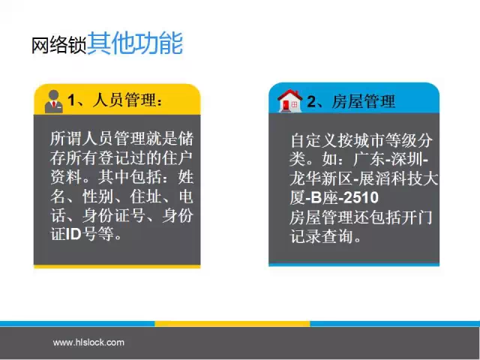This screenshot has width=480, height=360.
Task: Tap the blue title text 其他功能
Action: click(135, 43)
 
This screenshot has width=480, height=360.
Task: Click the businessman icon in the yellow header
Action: click(54, 102)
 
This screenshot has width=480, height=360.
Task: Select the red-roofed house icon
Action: click(289, 100)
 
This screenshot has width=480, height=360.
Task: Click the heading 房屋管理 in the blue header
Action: click(364, 101)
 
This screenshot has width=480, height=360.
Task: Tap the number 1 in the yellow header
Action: click(71, 100)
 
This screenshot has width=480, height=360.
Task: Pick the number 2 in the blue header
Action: click(312, 101)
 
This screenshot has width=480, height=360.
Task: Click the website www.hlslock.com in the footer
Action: click(88, 342)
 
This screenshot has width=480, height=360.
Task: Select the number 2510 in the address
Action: click(361, 197)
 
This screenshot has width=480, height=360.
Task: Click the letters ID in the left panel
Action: click(73, 234)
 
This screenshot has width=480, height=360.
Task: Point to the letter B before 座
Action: click(316, 197)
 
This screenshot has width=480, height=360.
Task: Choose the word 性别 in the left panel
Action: click(97, 196)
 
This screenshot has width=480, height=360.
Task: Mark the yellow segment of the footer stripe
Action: click(232, 324)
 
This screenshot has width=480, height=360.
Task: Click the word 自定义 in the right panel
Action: click(314, 140)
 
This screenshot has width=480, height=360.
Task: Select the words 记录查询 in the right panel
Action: click(322, 236)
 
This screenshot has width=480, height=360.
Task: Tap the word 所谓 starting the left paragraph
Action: click(66, 139)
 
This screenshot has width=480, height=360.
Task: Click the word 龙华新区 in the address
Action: click(322, 178)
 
